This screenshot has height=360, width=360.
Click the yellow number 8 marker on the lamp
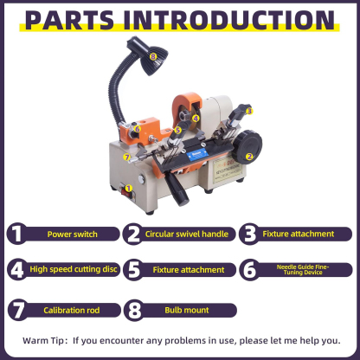click(153, 56)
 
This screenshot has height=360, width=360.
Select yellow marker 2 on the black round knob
click(249, 157)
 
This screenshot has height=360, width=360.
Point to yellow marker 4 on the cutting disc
click(196, 118)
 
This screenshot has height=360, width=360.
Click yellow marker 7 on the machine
click(126, 157)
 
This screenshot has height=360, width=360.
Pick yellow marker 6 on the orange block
click(136, 129)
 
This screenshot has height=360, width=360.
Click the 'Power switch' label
click(72, 234)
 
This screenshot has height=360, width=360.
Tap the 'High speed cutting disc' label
click(72, 270)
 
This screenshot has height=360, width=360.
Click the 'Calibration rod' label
click(72, 308)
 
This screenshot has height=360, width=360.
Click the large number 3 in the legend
click(249, 234)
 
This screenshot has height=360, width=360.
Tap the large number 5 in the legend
click(132, 270)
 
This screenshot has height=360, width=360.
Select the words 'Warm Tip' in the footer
click(42, 340)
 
